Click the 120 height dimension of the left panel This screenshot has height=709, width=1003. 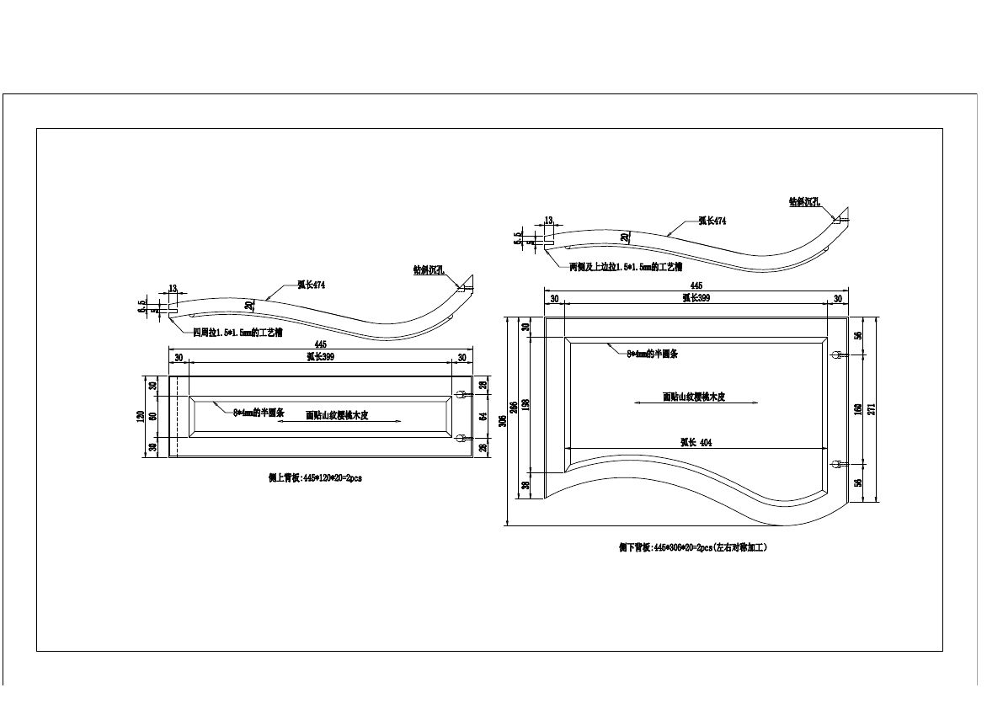coord(141,416)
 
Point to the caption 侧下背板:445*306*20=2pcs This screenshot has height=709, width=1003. coord(693,547)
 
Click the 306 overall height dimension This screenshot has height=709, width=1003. coord(504,421)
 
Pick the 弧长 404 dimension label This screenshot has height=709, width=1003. coord(696,443)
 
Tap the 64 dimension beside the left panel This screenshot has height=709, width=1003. coord(484,416)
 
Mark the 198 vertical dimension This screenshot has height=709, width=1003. coord(526,404)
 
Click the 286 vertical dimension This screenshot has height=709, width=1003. coord(515,404)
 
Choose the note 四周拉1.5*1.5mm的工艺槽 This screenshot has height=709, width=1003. coord(237,333)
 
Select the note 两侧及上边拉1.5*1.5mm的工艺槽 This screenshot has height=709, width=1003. coord(625,267)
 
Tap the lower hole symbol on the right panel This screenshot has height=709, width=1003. coord(837,464)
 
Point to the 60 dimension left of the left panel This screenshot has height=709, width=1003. coord(152,416)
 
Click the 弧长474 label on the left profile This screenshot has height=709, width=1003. coord(311,285)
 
